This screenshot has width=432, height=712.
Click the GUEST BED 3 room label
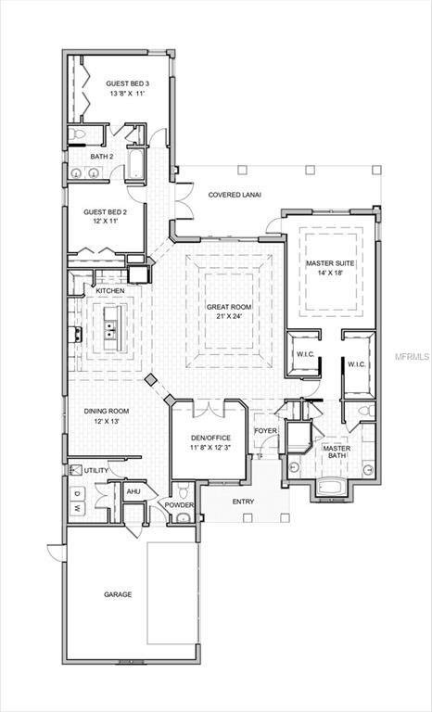tap(127, 83)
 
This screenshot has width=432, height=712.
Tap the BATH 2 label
tap(101, 157)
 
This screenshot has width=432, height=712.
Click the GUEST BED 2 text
tap(105, 212)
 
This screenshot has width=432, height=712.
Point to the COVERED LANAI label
tap(235, 195)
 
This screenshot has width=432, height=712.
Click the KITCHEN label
tap(110, 291)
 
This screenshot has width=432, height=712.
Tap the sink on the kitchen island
tap(110, 328)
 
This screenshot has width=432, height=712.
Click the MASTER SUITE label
tap(331, 263)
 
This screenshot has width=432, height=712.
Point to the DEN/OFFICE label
tap(210, 438)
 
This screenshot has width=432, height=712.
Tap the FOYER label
tap(266, 430)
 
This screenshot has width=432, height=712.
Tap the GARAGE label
tap(117, 594)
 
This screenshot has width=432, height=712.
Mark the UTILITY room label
tap(96, 470)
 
